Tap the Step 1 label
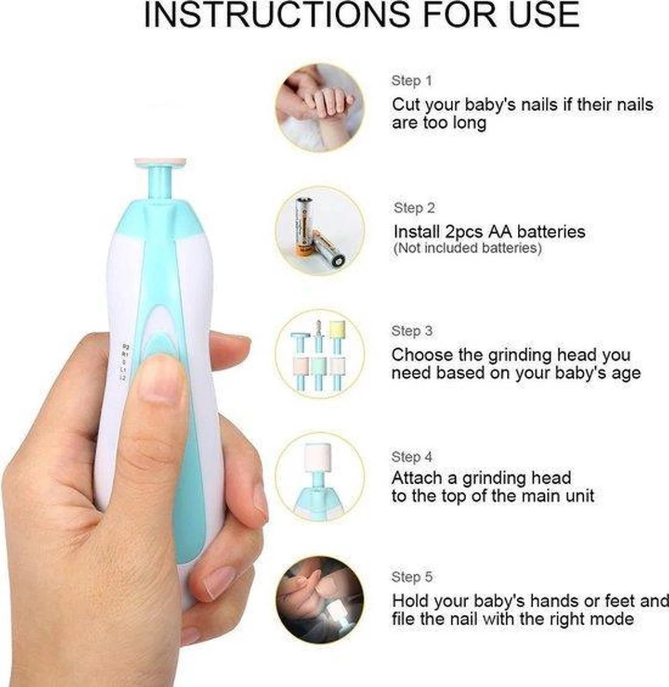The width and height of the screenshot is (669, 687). [x=411, y=81]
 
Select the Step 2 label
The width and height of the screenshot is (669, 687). [x=414, y=208]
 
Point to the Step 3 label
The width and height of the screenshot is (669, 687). [x=412, y=331]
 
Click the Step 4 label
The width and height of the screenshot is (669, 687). [x=412, y=457]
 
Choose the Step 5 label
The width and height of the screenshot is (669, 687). [x=412, y=577]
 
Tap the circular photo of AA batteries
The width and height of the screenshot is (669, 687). [x=320, y=229]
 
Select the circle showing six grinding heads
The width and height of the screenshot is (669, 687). [x=320, y=354]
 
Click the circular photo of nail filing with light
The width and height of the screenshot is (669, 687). [x=320, y=600]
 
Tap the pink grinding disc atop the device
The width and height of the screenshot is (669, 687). [x=162, y=162]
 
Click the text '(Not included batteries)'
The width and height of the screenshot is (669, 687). [x=467, y=248]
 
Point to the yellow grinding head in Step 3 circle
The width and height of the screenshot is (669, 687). [x=335, y=331]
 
